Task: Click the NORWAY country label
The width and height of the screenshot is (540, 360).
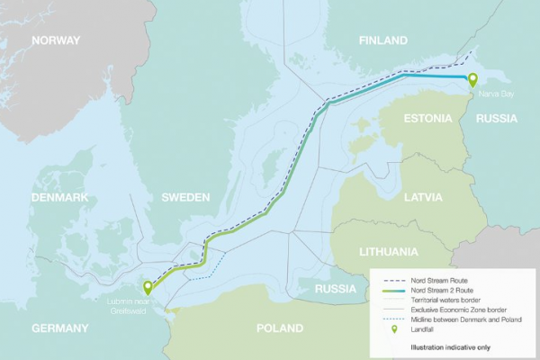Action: (x=56, y=40)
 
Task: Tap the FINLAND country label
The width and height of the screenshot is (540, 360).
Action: (x=382, y=40)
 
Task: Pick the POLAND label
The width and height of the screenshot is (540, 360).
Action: (x=280, y=328)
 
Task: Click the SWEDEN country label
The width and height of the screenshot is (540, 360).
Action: (x=185, y=197)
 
